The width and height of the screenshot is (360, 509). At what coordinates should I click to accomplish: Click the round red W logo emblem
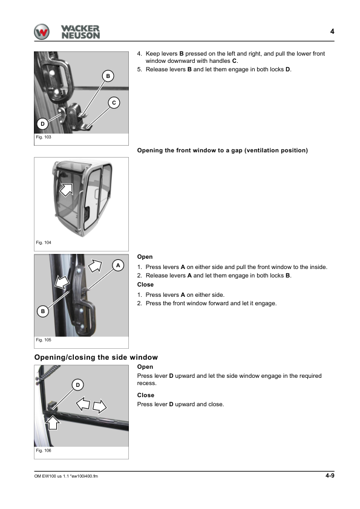[42, 32]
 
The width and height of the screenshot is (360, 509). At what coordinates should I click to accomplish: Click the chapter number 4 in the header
[332, 31]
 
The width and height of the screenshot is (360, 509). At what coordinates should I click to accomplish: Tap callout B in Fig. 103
[108, 76]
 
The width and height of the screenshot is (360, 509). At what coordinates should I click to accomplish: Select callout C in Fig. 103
[114, 103]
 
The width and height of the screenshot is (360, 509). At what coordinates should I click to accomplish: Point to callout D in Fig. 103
[42, 124]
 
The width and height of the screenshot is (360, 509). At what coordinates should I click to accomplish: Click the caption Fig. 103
[44, 137]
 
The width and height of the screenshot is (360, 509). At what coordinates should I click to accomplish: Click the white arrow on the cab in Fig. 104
[67, 189]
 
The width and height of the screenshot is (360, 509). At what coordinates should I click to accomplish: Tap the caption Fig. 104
[44, 242]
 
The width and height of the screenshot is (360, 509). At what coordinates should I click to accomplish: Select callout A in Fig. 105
[118, 265]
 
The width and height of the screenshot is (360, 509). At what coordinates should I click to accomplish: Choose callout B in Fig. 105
[42, 311]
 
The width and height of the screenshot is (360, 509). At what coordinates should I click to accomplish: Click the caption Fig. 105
[44, 340]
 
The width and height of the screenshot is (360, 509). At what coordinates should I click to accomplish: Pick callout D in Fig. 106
[77, 385]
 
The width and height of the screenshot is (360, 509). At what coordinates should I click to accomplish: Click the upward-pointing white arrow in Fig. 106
[53, 423]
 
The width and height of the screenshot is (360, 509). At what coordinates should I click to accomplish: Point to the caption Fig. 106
[44, 450]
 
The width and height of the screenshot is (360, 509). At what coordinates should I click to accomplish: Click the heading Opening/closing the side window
[96, 357]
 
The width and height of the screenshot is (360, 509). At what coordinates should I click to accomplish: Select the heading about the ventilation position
[223, 151]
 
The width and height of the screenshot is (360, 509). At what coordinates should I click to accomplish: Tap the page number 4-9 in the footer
[330, 476]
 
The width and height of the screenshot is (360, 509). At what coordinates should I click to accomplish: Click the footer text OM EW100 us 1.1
[51, 476]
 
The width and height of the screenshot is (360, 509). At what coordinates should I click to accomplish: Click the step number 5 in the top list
[139, 70]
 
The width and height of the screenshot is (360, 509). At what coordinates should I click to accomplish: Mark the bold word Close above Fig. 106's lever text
[146, 395]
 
